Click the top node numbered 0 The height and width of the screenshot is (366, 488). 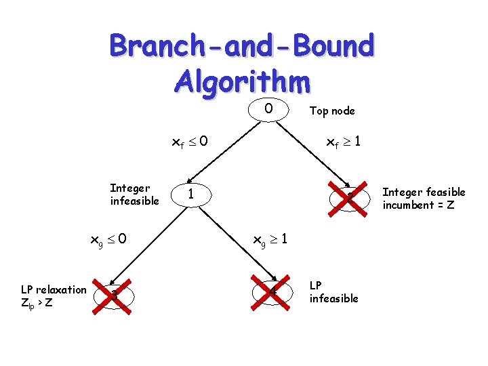point(268,109)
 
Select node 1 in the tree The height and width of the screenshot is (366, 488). point(192,195)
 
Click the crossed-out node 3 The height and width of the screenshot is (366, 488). point(115,295)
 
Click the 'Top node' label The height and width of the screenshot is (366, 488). point(331,110)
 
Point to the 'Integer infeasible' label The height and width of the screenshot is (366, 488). point(134,194)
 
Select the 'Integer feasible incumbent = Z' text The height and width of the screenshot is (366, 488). point(424,199)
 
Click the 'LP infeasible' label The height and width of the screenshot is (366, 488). point(333,292)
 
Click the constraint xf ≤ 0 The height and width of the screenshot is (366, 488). point(190,142)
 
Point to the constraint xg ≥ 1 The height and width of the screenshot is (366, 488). point(270,239)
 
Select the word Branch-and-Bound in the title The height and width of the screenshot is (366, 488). point(241,47)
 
